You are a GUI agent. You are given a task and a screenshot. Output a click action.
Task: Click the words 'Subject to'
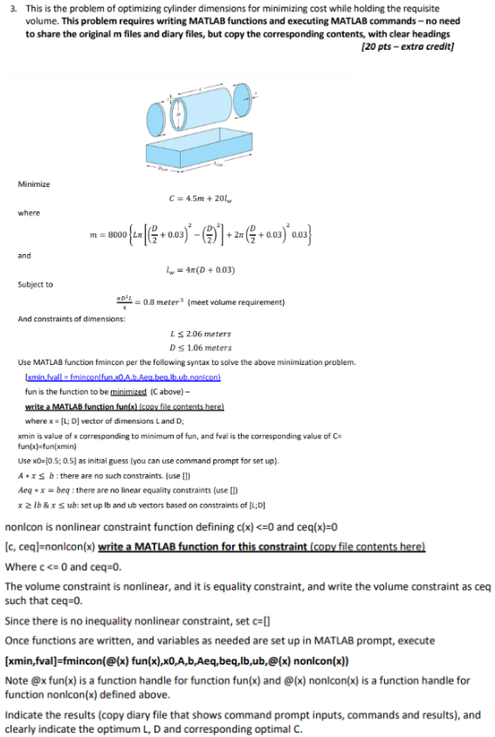[35, 284]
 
